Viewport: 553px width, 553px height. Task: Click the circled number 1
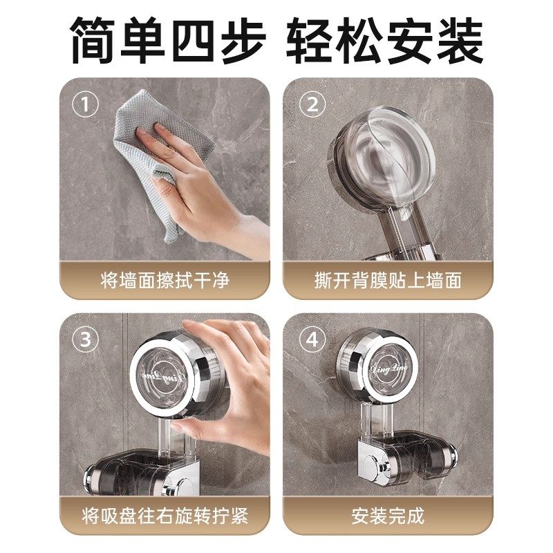pyautogui.click(x=85, y=105)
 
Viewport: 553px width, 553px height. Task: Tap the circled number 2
pyautogui.click(x=312, y=105)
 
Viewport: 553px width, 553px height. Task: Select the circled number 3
pyautogui.click(x=85, y=341)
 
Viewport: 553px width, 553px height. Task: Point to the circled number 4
pyautogui.click(x=312, y=341)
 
